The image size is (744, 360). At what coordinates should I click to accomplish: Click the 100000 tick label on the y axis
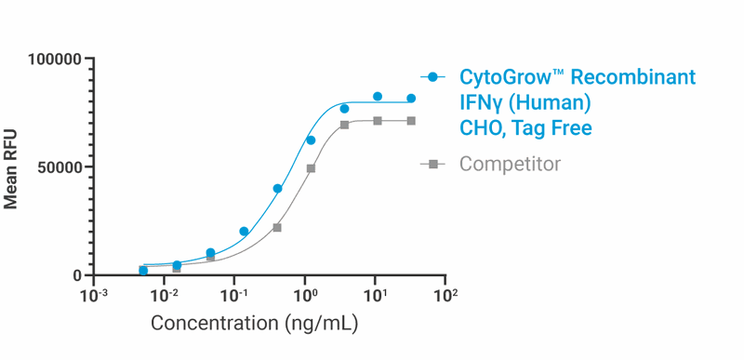pyautogui.click(x=55, y=60)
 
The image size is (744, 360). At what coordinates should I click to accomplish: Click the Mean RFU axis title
pyautogui.click(x=12, y=167)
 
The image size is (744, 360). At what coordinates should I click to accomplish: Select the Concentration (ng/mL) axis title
pyautogui.click(x=254, y=325)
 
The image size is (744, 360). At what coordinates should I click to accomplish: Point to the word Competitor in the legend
pyautogui.click(x=511, y=165)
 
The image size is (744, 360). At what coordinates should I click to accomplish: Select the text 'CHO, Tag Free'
pyautogui.click(x=525, y=127)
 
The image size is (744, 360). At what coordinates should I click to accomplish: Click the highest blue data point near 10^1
pyautogui.click(x=378, y=97)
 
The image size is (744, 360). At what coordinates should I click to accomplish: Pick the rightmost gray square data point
pyautogui.click(x=411, y=121)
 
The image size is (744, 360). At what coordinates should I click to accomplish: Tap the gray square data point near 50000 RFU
pyautogui.click(x=311, y=168)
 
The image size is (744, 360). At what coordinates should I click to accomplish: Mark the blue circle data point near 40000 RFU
pyautogui.click(x=277, y=189)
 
